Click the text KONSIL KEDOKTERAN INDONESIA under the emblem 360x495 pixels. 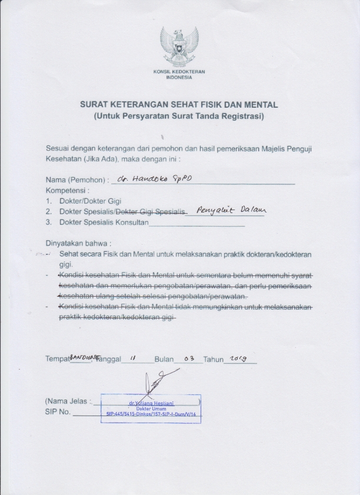179,75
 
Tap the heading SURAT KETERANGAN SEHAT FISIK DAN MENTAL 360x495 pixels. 179,105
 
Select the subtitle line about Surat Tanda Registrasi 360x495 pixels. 179,117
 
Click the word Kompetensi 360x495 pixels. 67,191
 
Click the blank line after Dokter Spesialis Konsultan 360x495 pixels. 197,224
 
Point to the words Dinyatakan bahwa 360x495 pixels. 78,242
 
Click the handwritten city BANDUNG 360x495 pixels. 82,356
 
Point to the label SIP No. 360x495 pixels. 58,412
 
